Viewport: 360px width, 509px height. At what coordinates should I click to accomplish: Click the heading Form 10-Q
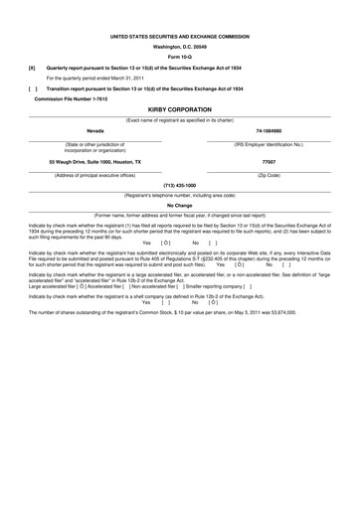click(180, 56)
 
